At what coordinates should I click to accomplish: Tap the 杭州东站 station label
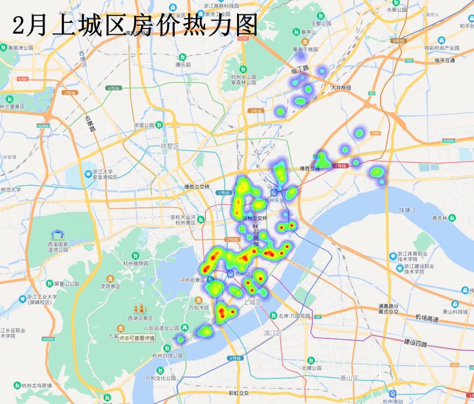pyautogui.click(x=274, y=200)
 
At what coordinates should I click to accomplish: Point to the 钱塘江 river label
pyautogui.click(x=407, y=211)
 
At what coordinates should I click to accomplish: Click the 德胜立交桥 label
pyautogui.click(x=197, y=186)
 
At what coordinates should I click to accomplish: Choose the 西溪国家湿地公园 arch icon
pyautogui.click(x=57, y=235)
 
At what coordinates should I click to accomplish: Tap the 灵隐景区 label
pyautogui.click(x=110, y=286)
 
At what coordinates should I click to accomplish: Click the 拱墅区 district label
pyautogui.click(x=170, y=146)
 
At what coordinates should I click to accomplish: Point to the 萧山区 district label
pyautogui.click(x=349, y=378)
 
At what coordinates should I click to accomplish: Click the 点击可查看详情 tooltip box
pyautogui.click(x=136, y=338)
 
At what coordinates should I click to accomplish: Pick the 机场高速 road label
pyautogui.click(x=427, y=318)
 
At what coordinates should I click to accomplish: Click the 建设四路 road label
pyautogui.click(x=415, y=343)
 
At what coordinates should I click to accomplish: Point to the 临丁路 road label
pyautogui.click(x=300, y=69)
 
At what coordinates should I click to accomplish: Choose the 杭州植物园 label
pyautogui.click(x=136, y=264)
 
